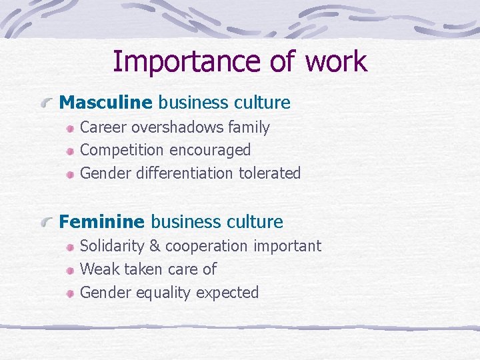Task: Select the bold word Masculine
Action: click(106, 103)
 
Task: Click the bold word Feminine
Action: click(102, 222)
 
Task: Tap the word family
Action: click(249, 127)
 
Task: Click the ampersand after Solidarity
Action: click(155, 246)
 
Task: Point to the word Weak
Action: click(97, 269)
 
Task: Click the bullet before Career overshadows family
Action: click(70, 128)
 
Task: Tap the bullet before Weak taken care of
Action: click(70, 270)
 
